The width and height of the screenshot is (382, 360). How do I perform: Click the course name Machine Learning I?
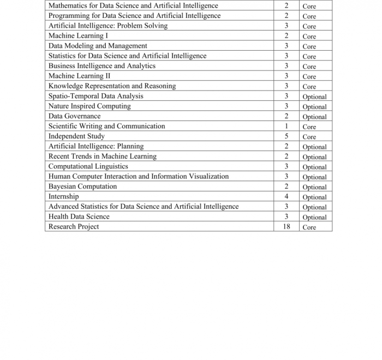[78, 36]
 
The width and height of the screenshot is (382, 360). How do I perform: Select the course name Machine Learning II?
[79, 76]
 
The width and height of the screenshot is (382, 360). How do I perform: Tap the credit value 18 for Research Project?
[286, 226]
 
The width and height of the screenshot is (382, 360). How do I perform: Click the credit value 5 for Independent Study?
[286, 136]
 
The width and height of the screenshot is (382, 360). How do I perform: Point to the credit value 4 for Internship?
[286, 196]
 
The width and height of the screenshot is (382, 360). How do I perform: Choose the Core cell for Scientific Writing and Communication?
[309, 127]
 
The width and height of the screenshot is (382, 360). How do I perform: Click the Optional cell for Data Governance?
[314, 117]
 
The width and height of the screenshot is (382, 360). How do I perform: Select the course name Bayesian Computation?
[82, 187]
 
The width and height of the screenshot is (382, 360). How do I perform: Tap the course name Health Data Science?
[79, 217]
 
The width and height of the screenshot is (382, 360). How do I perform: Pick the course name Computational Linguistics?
[88, 166]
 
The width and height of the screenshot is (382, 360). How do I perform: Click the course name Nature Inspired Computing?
[89, 106]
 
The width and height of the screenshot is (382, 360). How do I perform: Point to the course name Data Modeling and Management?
[98, 46]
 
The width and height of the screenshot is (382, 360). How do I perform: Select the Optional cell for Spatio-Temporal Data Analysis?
[314, 97]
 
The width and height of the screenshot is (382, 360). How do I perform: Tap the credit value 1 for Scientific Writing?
[286, 127]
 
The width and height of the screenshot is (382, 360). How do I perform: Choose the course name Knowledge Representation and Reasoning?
[112, 86]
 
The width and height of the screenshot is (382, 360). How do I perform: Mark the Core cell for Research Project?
[309, 227]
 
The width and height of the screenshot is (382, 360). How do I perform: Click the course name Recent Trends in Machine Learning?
[102, 157]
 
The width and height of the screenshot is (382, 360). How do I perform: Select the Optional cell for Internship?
[314, 197]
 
